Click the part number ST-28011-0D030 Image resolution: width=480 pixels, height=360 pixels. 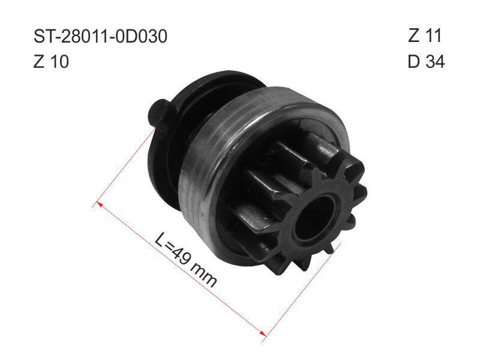pyautogui.click(x=100, y=37)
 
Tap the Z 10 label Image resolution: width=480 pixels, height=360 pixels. pyautogui.click(x=51, y=62)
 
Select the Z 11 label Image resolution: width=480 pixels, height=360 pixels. pyautogui.click(x=425, y=35)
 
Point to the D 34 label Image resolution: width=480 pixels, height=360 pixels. pyautogui.click(x=426, y=62)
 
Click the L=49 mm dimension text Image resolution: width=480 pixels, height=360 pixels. pyautogui.click(x=186, y=260)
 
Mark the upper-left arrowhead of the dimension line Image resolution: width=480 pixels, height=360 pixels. pyautogui.click(x=98, y=203)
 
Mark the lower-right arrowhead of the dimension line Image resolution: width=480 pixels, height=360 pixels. pyautogui.click(x=262, y=333)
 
